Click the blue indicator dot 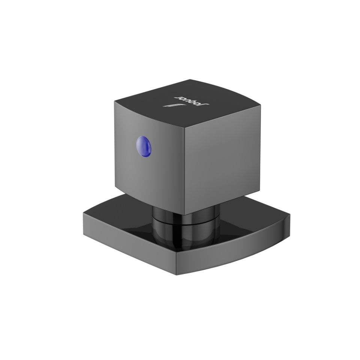(x=144, y=147)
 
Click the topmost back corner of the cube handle (x=190, y=79)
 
